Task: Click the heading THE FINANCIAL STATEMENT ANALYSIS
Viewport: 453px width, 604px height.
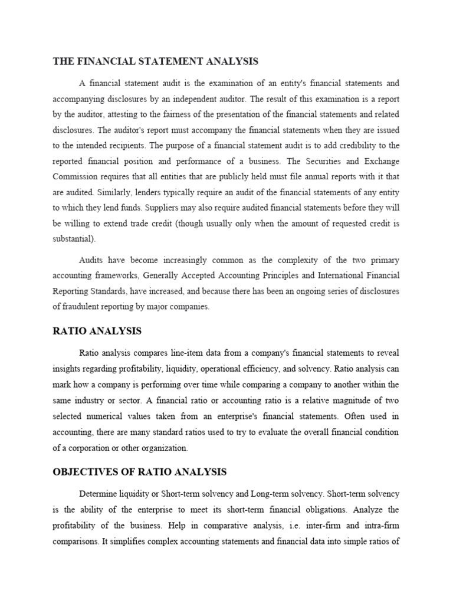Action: pyautogui.click(x=156, y=61)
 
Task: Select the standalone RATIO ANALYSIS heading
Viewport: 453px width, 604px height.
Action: pyautogui.click(x=97, y=330)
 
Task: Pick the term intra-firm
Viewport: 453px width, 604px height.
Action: pyautogui.click(x=377, y=525)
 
